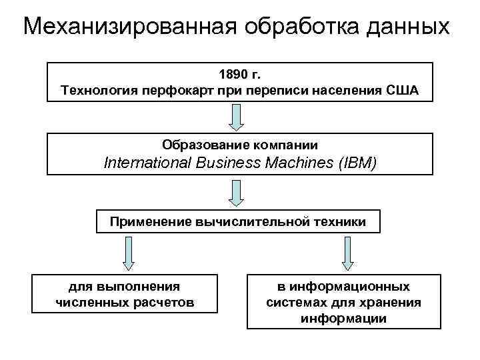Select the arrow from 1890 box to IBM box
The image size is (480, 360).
click(238, 117)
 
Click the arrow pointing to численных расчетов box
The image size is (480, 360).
click(129, 253)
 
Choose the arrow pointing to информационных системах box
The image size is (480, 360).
click(346, 253)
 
